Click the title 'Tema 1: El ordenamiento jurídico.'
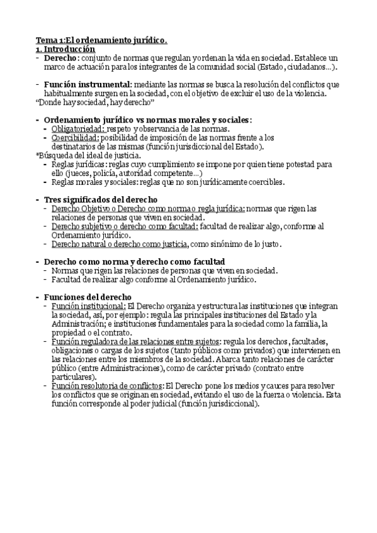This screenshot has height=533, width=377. coord(101,40)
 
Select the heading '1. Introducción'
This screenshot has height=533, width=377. coord(65,48)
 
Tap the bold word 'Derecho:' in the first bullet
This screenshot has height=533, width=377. coord(62,57)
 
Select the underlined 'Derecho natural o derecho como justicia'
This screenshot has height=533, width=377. coord(120,243)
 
